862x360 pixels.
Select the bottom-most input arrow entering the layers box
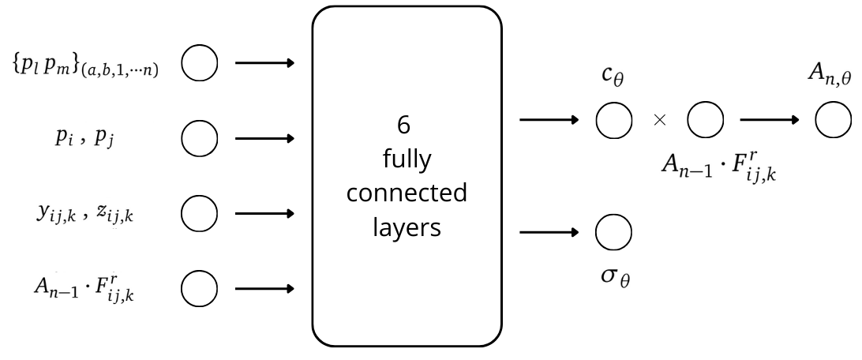(264, 288)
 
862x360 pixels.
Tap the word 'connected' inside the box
(407, 193)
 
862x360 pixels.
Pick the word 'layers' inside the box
(407, 227)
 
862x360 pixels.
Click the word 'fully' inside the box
(407, 160)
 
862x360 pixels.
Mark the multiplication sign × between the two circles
(660, 120)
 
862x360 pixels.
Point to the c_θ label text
(614, 79)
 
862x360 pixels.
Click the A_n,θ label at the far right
(830, 77)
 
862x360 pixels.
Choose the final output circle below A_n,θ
(833, 120)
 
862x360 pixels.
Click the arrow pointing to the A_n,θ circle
(768, 120)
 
